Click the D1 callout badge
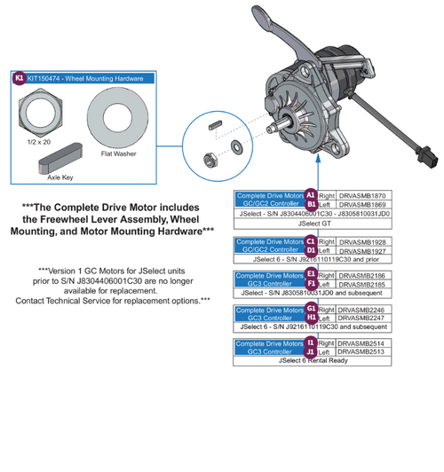point(311,252)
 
